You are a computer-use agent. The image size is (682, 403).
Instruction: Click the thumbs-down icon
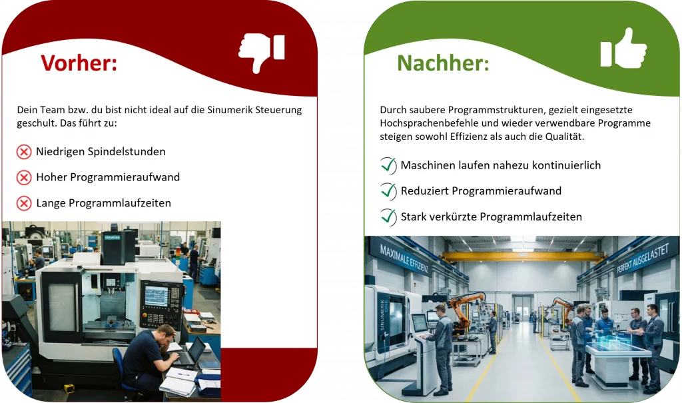pos(262,51)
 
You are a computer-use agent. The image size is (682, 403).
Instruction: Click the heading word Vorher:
pos(79,63)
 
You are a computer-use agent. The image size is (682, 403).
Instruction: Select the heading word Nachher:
pos(443,63)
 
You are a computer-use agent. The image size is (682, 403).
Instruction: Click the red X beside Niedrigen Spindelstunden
pos(24,152)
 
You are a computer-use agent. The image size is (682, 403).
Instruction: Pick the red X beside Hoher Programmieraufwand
pos(24,178)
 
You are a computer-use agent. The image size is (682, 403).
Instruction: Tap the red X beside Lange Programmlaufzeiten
pos(24,203)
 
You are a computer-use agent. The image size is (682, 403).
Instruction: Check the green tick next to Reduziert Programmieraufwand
pos(388,191)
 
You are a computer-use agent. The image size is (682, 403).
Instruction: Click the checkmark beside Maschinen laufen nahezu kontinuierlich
pos(388,165)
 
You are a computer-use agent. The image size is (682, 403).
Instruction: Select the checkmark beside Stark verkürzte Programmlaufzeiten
pos(388,216)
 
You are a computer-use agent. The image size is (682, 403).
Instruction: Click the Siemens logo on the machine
pos(112,236)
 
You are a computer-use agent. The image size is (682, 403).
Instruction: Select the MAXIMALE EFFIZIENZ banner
pos(404,258)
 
